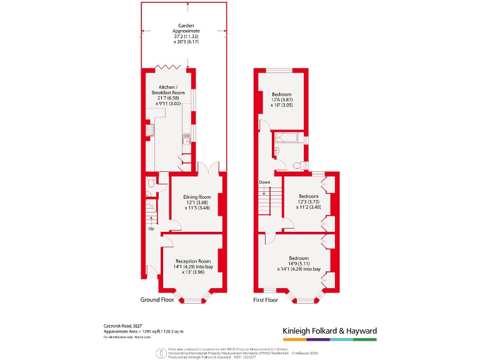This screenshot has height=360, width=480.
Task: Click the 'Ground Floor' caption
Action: (x=156, y=300)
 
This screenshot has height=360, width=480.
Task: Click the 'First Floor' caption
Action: (x=266, y=300)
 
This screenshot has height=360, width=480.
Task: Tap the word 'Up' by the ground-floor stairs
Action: (x=151, y=229)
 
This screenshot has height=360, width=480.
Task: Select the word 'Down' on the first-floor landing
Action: (x=264, y=182)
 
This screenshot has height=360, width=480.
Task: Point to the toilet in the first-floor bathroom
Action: (x=297, y=166)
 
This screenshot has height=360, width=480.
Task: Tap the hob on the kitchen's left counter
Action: (x=150, y=130)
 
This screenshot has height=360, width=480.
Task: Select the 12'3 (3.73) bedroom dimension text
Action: (x=308, y=202)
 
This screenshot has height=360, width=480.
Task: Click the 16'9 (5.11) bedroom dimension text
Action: (x=298, y=264)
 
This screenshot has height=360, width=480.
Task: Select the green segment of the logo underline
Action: (x=365, y=339)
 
